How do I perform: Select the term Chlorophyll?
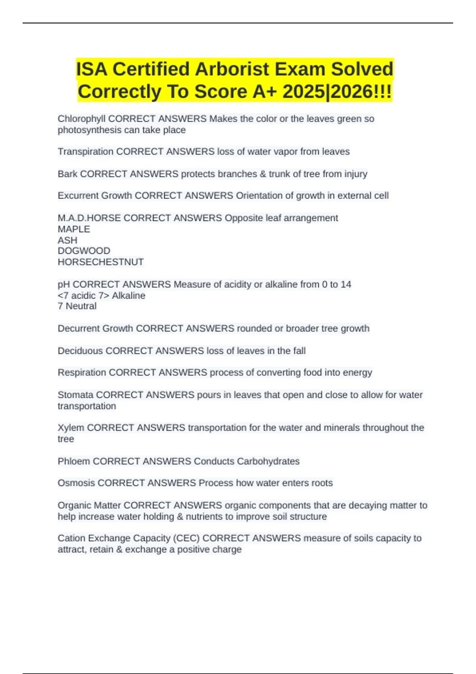[81, 119]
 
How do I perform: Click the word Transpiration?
[85, 151]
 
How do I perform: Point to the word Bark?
[67, 174]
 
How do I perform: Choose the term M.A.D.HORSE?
[89, 218]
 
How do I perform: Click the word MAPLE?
[74, 229]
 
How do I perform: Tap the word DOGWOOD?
[84, 251]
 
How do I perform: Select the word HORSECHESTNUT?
[100, 262]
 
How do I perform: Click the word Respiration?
[82, 372]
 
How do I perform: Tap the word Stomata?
[75, 395]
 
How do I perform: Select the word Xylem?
[71, 427]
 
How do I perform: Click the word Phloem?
[74, 461]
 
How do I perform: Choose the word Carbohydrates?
[268, 461]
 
